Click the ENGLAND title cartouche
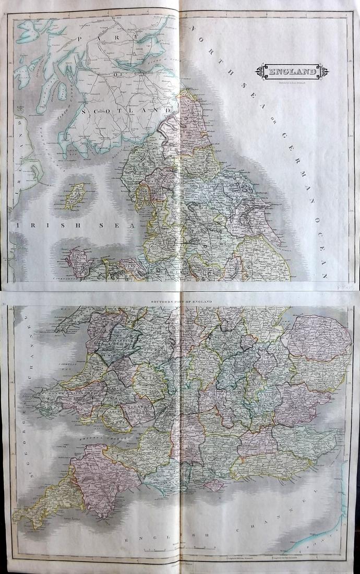click(292, 71)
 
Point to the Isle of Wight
click(213, 485)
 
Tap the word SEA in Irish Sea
click(125, 225)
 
